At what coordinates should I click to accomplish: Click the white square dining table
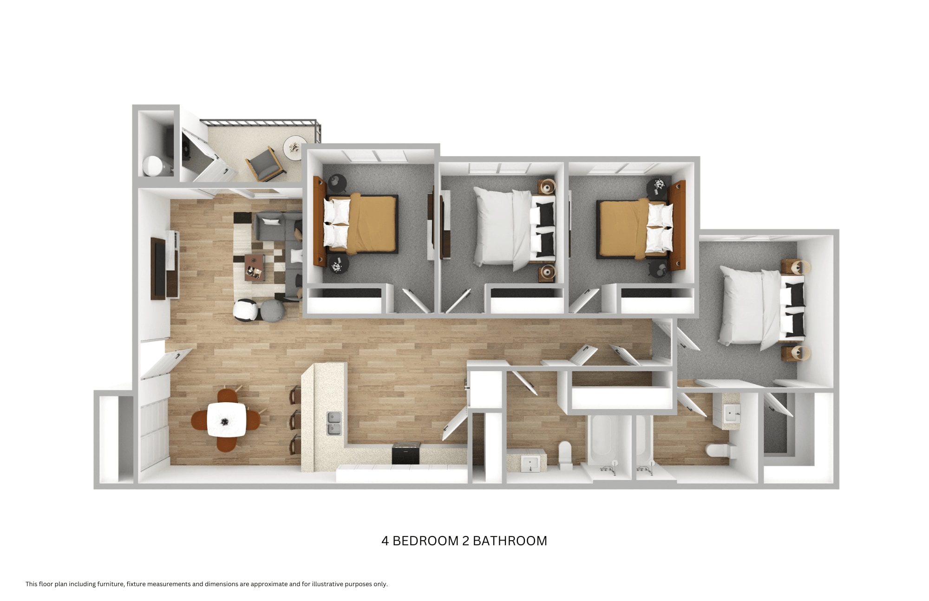point(226,419)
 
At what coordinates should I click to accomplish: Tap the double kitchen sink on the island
point(334,423)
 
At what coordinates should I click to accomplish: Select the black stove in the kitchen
point(406,453)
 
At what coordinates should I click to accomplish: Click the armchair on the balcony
point(264,164)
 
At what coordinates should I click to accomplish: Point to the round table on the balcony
point(295,148)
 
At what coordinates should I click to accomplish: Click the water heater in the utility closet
point(152,166)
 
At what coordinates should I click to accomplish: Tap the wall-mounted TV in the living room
point(158,268)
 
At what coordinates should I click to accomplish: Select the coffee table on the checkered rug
point(254,267)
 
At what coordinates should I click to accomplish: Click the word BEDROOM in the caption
point(425,541)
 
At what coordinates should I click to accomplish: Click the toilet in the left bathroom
point(565,453)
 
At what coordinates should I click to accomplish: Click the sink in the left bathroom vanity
point(530,463)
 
